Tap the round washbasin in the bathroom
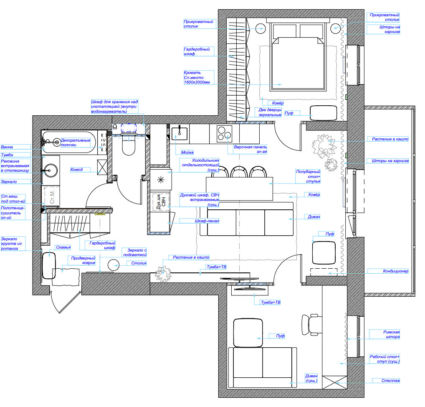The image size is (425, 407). [x=51, y=170]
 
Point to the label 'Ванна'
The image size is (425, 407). [x=7, y=147]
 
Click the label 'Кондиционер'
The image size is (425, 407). [x=395, y=271]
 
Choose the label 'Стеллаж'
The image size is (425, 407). [x=391, y=381]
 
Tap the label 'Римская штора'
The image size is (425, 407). [x=391, y=334]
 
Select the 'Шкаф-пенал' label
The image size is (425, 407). [x=207, y=221]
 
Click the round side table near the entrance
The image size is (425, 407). [x=113, y=265]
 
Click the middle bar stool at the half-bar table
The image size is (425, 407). [x=239, y=172]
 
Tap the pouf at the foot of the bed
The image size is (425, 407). [x=324, y=113]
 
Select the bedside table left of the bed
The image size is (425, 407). [x=260, y=28]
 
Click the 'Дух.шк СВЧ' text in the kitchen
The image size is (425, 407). [x=161, y=202]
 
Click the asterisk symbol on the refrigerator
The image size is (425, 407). [x=161, y=180]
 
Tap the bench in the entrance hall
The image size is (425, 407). [x=49, y=266]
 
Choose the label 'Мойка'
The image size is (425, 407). [x=187, y=153]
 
